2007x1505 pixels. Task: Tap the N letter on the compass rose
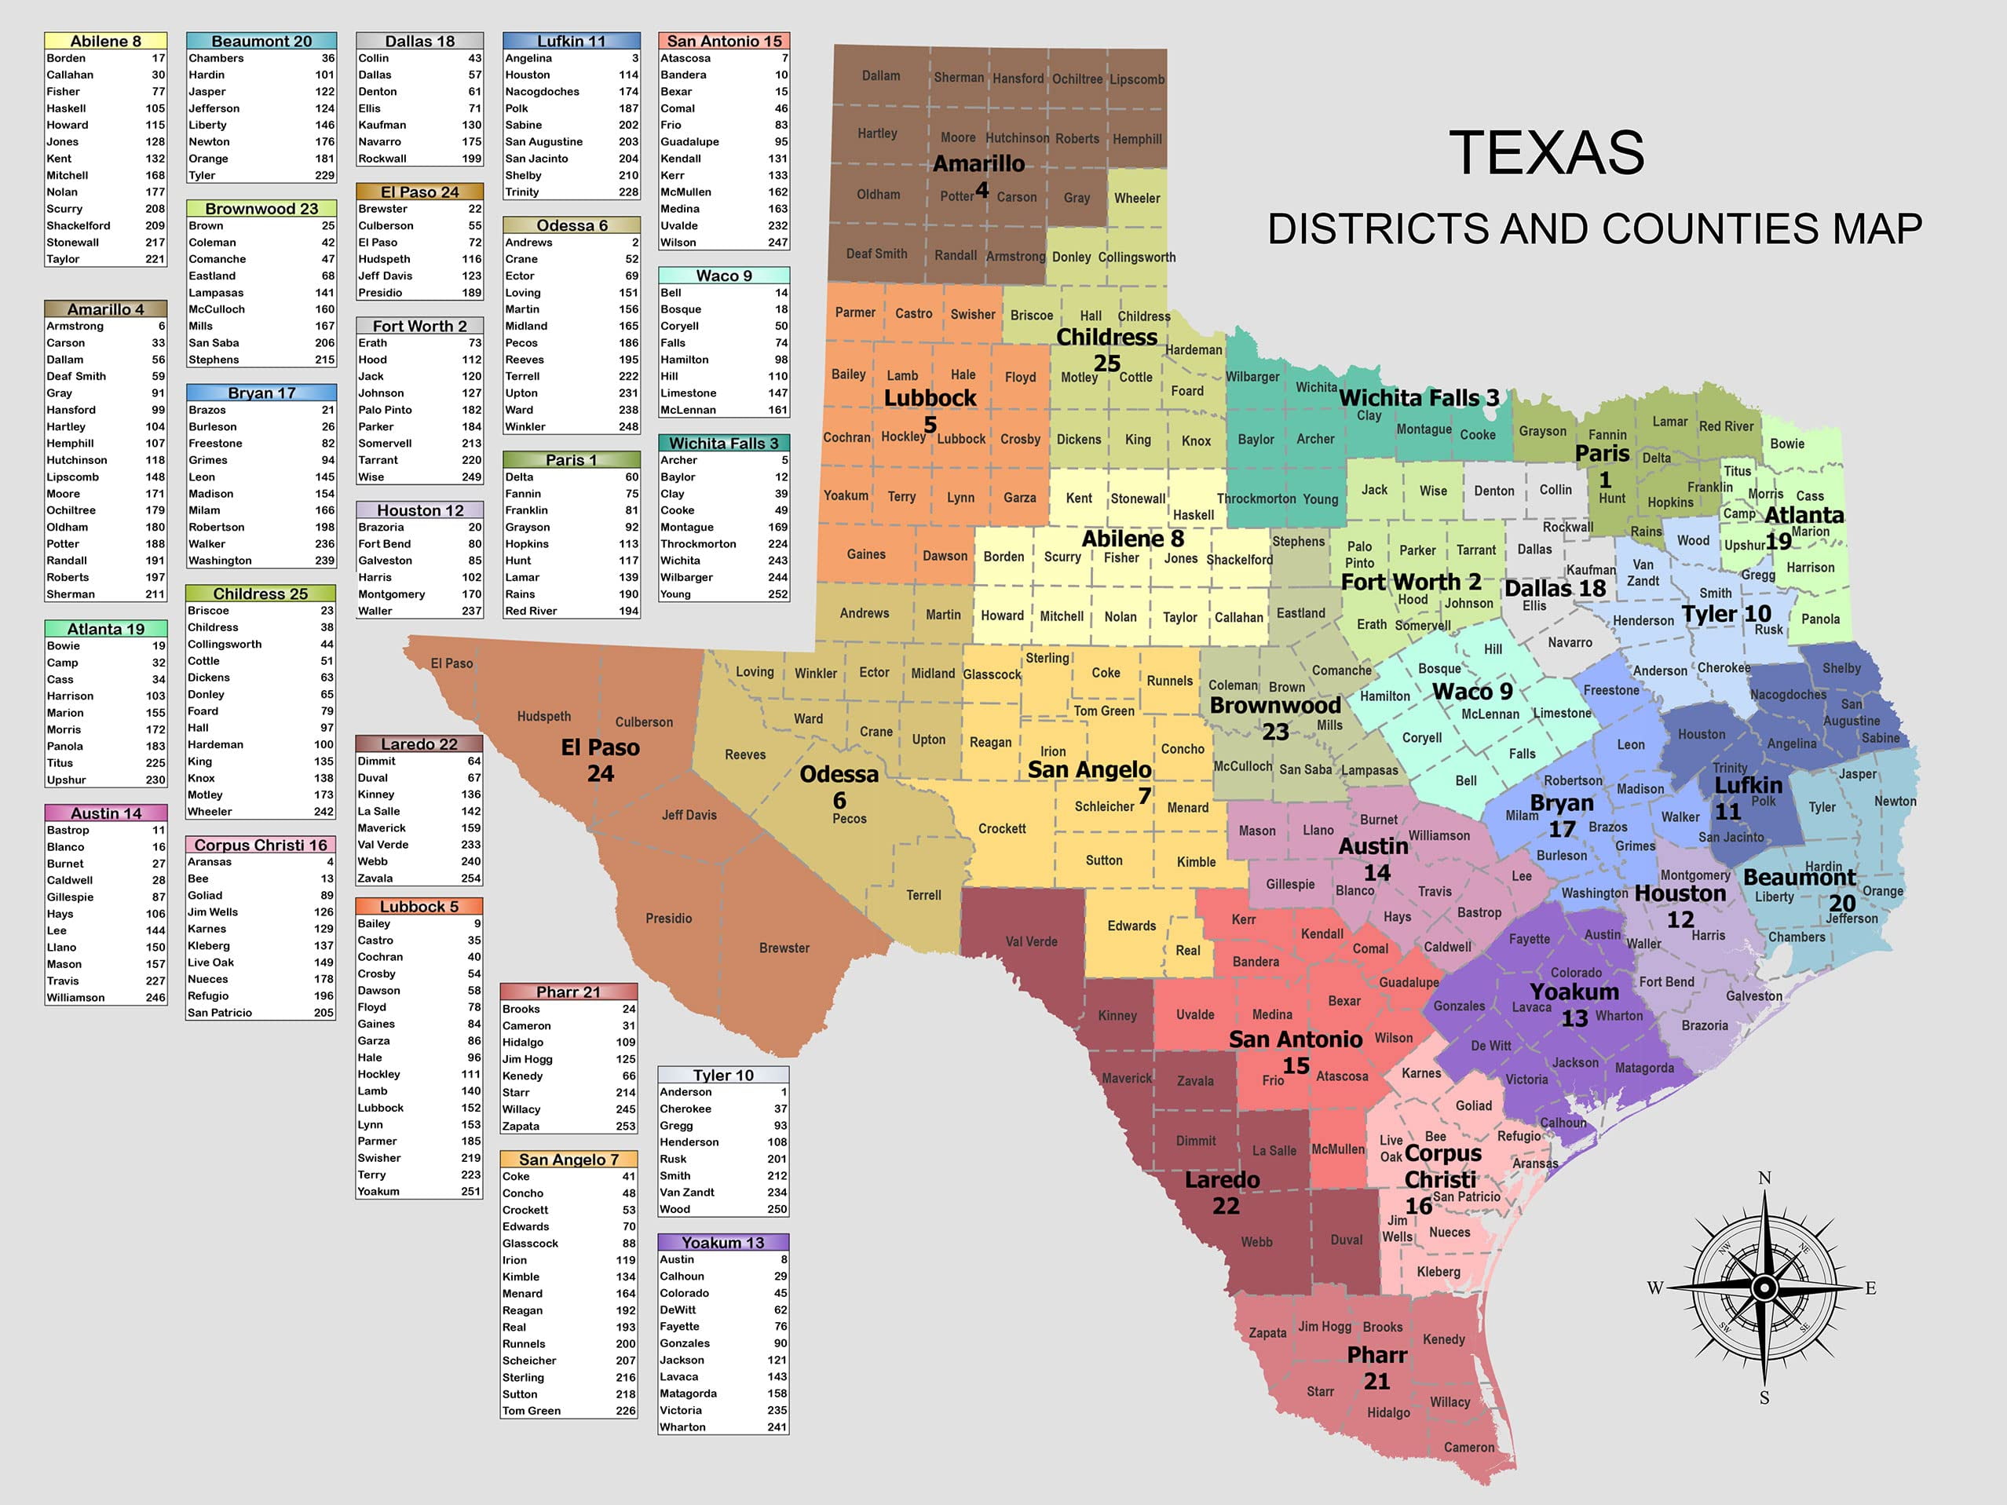click(x=1764, y=1178)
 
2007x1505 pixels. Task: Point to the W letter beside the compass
click(x=1656, y=1288)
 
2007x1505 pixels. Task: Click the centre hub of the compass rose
click(x=1764, y=1288)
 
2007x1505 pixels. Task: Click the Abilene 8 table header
click(x=105, y=41)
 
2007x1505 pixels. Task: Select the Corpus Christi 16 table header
click(x=261, y=845)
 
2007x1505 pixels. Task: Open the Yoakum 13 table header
click(x=722, y=1243)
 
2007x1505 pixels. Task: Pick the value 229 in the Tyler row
click(x=324, y=175)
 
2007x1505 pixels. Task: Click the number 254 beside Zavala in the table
click(x=471, y=879)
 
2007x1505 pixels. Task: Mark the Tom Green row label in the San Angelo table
click(x=532, y=1411)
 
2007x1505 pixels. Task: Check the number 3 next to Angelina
click(x=635, y=58)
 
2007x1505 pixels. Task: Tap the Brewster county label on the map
click(x=784, y=948)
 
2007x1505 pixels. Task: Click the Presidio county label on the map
click(x=669, y=918)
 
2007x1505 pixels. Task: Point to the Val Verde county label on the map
click(x=1031, y=941)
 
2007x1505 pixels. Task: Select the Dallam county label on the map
click(x=881, y=75)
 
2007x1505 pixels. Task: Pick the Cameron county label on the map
click(x=1469, y=1447)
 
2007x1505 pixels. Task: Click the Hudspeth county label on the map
click(x=543, y=716)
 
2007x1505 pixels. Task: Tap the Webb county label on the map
click(x=1256, y=1242)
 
